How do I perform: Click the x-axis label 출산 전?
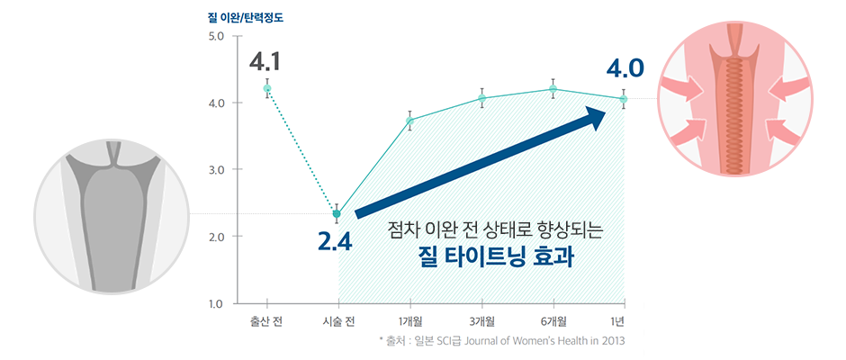pos(266,322)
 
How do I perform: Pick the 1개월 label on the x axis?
pos(410,322)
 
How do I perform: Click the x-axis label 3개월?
pos(481,322)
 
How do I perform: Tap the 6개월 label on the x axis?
pos(553,322)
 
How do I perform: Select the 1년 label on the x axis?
pos(624,322)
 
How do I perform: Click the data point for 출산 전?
pos(266,88)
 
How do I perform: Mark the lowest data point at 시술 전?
pos(337,214)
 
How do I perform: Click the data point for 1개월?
pos(410,121)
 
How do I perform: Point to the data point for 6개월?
pos(553,89)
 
